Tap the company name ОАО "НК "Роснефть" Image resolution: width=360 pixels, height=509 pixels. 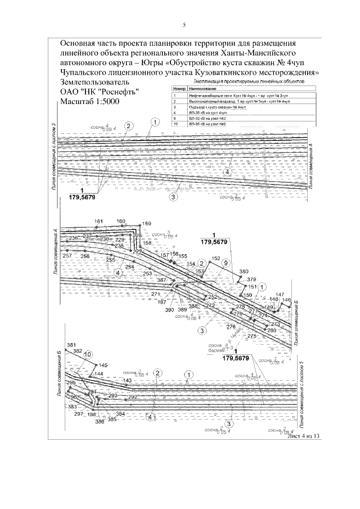(99, 91)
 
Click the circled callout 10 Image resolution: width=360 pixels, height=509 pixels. (87, 355)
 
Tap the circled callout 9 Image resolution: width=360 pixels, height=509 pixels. (225, 263)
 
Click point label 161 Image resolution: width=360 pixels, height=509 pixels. (99, 222)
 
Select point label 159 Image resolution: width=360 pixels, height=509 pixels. (147, 224)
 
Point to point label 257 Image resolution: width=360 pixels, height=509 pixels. (67, 256)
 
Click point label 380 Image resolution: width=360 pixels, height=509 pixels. (243, 272)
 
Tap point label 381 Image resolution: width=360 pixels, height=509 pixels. (71, 345)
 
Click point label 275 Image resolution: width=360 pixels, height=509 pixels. (251, 336)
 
